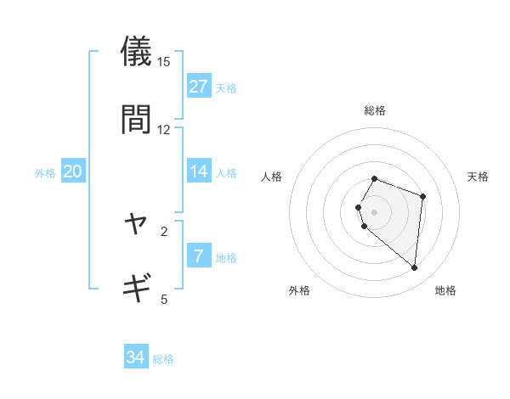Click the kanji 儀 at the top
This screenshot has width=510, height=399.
[137, 51]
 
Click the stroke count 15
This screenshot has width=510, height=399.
[164, 62]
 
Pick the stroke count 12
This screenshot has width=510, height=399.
[164, 130]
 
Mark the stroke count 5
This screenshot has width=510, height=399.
[164, 299]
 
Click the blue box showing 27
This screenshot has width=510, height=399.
[198, 87]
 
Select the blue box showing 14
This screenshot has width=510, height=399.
[198, 171]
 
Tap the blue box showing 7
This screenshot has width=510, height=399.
[198, 256]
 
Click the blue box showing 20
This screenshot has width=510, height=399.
[73, 171]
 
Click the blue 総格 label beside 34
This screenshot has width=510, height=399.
[163, 359]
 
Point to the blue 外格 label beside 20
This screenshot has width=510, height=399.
[45, 173]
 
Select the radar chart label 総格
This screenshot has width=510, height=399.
[375, 110]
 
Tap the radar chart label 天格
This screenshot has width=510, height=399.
[479, 177]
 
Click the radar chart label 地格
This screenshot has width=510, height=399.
[445, 291]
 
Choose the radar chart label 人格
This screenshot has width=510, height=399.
[272, 177]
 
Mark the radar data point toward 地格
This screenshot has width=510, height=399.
[414, 268]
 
